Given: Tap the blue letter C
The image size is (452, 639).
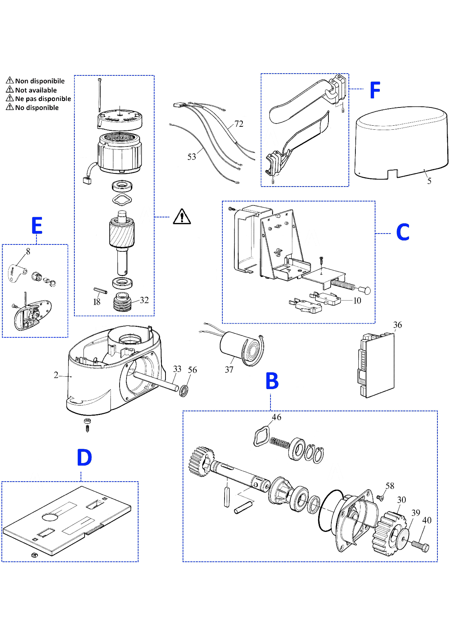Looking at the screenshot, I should [x=403, y=232].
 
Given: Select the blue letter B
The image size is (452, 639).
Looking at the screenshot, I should [x=272, y=381].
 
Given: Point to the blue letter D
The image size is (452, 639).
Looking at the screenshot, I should [x=84, y=458].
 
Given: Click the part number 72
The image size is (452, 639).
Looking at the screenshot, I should [x=239, y=124].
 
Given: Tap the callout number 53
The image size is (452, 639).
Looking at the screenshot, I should [x=192, y=157].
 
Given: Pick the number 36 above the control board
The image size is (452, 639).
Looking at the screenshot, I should [x=397, y=325].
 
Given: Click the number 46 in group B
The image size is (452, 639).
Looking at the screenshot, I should [x=276, y=417].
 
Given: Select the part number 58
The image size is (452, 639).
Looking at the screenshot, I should [x=390, y=486].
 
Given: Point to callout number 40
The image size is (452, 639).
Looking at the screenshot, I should [x=426, y=520].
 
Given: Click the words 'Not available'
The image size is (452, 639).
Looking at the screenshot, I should [x=36, y=90].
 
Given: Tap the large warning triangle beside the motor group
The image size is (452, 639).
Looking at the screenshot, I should [x=182, y=216].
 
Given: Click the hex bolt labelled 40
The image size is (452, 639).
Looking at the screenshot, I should [x=421, y=546].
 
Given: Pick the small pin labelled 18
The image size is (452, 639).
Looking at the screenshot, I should [x=100, y=291].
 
